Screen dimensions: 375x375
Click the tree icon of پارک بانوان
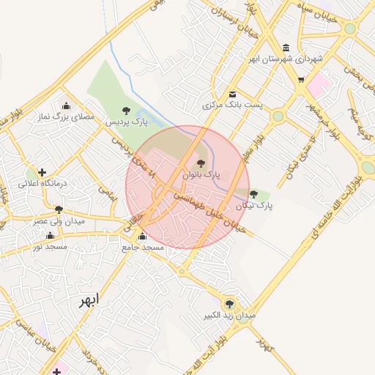[x=201, y=163]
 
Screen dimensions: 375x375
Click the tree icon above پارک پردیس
[x=127, y=111]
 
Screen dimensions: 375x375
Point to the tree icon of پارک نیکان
[x=253, y=195]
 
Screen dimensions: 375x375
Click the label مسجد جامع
[x=144, y=248]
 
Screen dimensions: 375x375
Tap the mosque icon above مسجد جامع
[x=142, y=236]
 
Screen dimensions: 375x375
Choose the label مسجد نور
[x=49, y=247]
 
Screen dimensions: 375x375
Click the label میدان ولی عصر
[x=59, y=220]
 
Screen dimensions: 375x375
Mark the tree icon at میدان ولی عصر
[x=59, y=209]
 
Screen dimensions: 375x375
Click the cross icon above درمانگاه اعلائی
[x=42, y=172]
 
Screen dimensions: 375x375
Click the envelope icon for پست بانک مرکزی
[x=232, y=94]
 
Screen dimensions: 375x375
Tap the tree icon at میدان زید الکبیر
[x=229, y=303]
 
